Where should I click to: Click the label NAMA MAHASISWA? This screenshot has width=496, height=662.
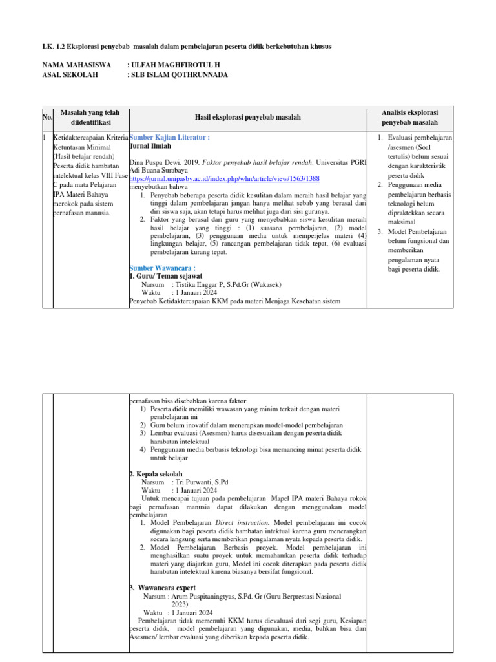[x=76, y=65]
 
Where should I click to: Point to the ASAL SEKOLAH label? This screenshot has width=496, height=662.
[x=70, y=75]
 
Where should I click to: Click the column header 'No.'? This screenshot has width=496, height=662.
[x=46, y=117]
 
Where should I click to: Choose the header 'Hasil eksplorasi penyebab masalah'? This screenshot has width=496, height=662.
[x=247, y=117]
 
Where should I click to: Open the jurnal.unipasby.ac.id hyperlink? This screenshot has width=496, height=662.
[x=224, y=178]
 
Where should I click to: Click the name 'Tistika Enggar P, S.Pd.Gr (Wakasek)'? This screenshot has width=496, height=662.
[x=226, y=284]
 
